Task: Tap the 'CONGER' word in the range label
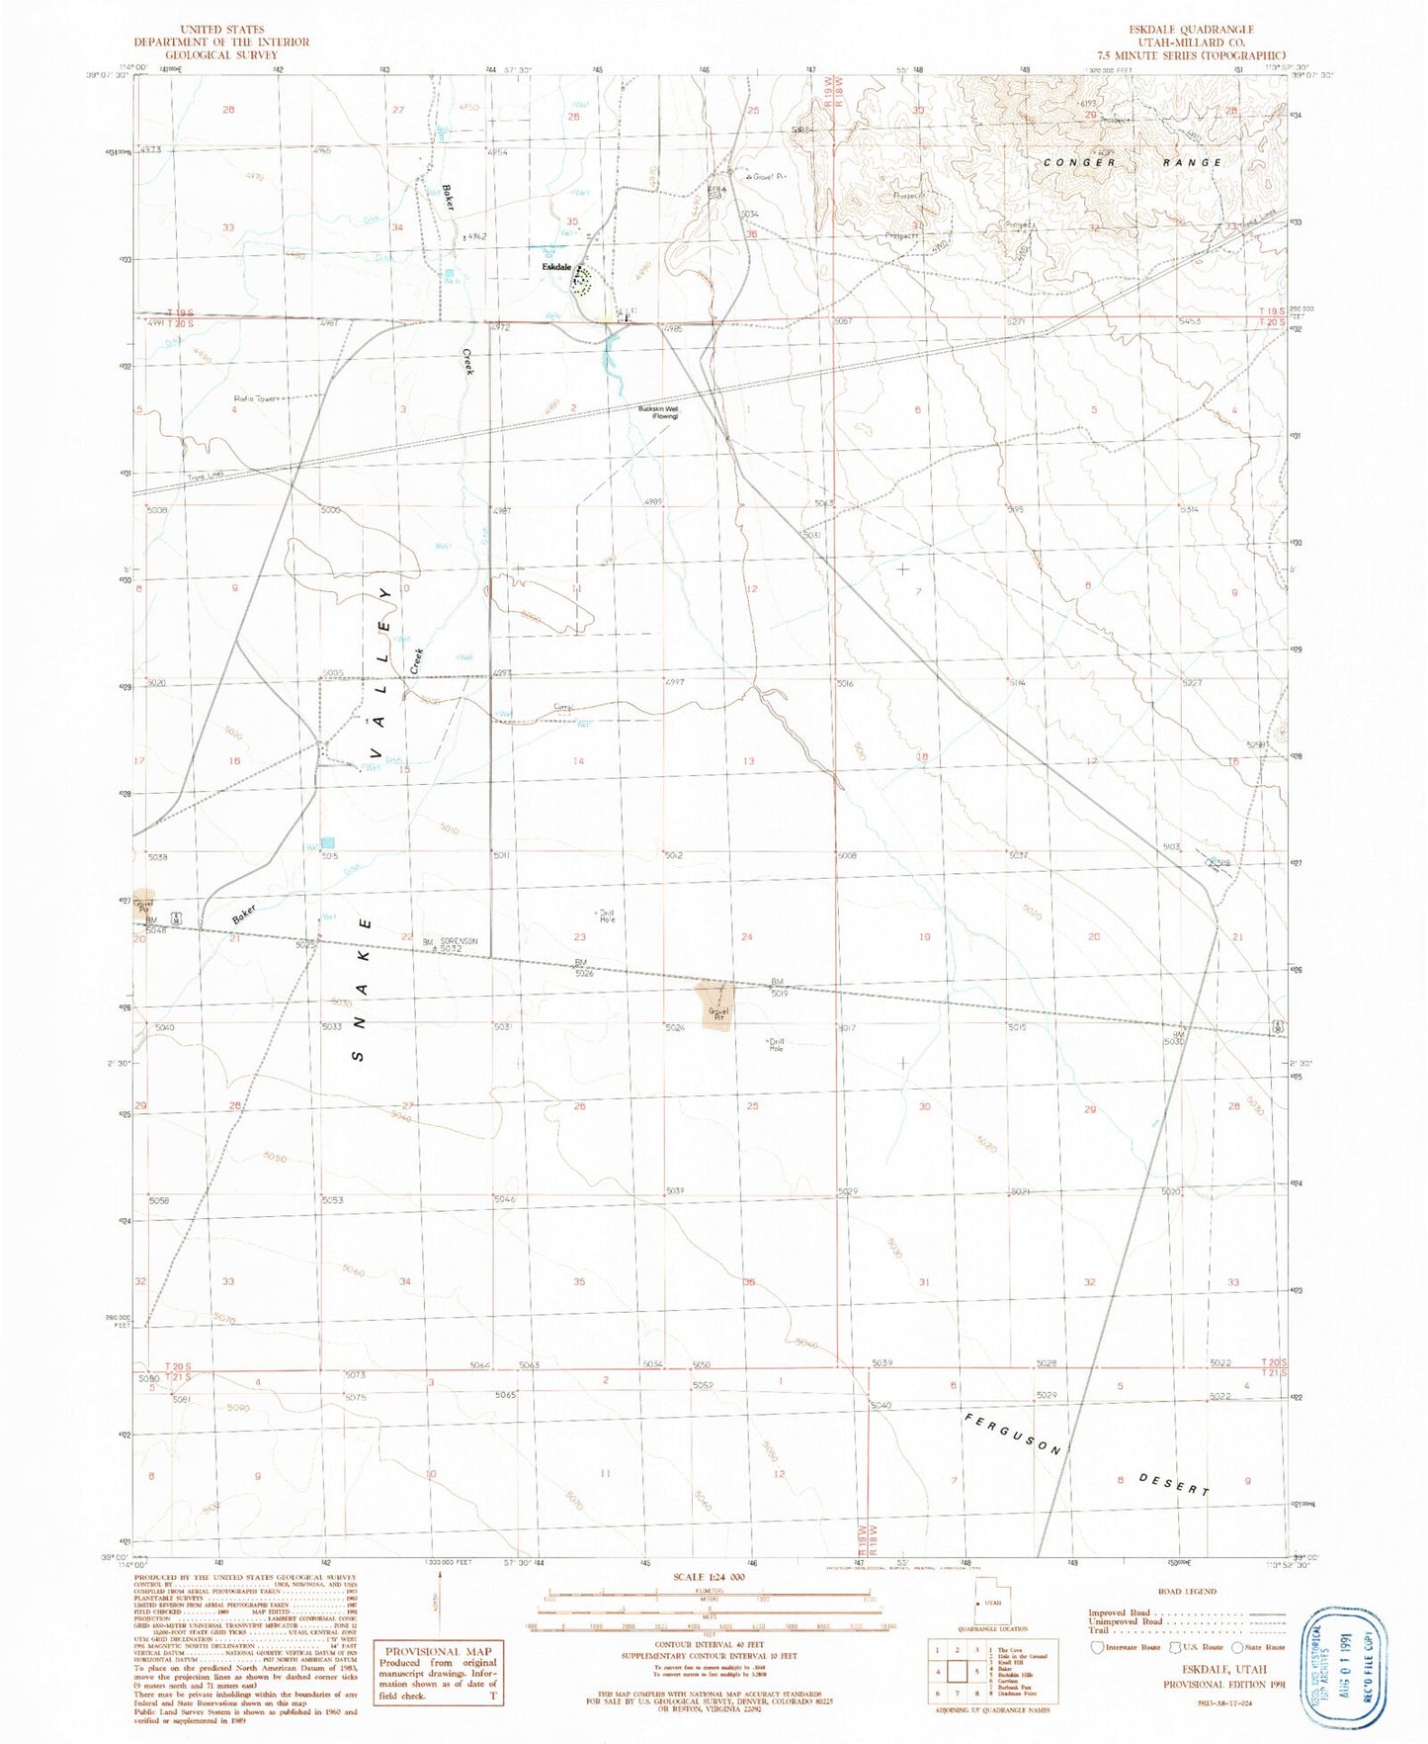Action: (1079, 162)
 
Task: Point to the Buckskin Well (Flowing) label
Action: (658, 412)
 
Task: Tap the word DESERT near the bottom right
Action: (1173, 1484)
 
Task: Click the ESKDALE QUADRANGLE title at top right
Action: (1191, 31)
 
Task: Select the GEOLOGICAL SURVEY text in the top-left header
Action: (221, 54)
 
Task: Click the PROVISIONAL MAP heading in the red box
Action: (436, 1651)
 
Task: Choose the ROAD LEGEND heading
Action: (1187, 1591)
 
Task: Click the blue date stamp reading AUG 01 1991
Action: (1342, 1665)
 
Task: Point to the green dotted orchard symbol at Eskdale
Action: (582, 285)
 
